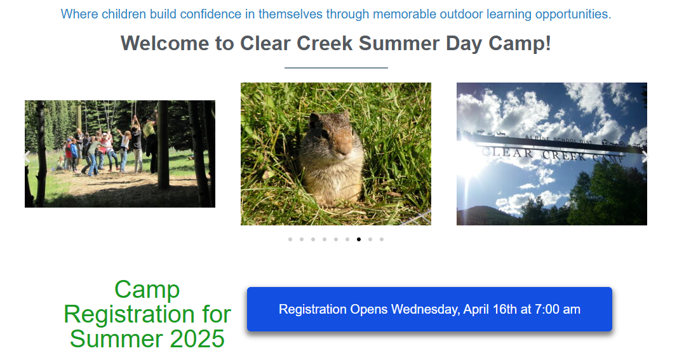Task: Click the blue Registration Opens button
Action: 429,309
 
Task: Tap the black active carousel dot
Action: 359,239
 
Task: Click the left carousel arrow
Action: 27,157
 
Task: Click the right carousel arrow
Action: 645,157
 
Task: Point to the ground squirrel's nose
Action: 344,150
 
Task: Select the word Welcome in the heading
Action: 165,43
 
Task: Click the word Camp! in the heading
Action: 520,43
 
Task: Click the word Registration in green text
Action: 129,315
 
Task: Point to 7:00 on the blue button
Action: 547,309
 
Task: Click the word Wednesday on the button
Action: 425,310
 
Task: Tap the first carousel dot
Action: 290,239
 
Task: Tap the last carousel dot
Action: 382,239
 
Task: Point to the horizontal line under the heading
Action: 336,68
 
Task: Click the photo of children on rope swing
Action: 120,154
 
